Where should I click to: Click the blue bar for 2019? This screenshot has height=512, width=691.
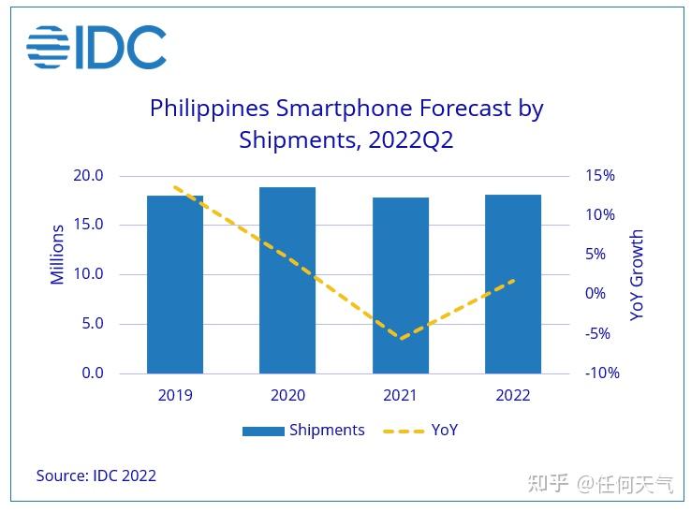[x=175, y=285]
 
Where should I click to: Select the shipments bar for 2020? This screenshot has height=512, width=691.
[x=287, y=281]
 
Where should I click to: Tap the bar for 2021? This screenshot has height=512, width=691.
[x=400, y=285]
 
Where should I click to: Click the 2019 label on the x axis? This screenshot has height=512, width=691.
[x=175, y=395]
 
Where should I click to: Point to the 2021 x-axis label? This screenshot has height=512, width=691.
[x=400, y=395]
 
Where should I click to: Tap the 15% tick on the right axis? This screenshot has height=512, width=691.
[x=599, y=176]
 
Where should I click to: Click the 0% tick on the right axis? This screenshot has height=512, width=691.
[x=595, y=294]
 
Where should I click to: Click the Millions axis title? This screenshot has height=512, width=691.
[x=58, y=255]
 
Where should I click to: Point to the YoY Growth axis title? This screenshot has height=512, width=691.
[x=637, y=275]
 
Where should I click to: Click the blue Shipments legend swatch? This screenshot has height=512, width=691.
[x=262, y=432]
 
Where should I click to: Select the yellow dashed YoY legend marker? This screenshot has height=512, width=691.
[x=402, y=432]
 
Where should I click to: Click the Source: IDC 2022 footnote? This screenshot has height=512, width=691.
[x=96, y=475]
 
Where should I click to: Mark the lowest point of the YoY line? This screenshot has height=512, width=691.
[x=400, y=339]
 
